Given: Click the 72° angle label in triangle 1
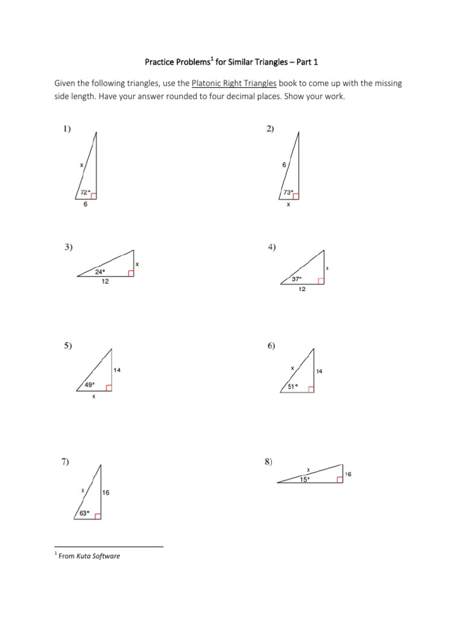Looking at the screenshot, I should [85, 193].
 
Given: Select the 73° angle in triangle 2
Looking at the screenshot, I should [289, 193].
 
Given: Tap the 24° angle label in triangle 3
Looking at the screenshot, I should [100, 272].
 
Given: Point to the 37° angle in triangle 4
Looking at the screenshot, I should [296, 279].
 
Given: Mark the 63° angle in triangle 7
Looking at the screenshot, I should [83, 513].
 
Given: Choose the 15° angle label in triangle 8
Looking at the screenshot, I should [306, 480].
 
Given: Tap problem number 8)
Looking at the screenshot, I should [268, 462].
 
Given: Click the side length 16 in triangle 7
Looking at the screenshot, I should [106, 492].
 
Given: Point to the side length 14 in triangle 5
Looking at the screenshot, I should [117, 370].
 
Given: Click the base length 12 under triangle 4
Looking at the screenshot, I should [302, 290].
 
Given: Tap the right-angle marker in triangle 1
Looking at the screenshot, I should [93, 195].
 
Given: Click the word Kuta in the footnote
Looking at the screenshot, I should [84, 556].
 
